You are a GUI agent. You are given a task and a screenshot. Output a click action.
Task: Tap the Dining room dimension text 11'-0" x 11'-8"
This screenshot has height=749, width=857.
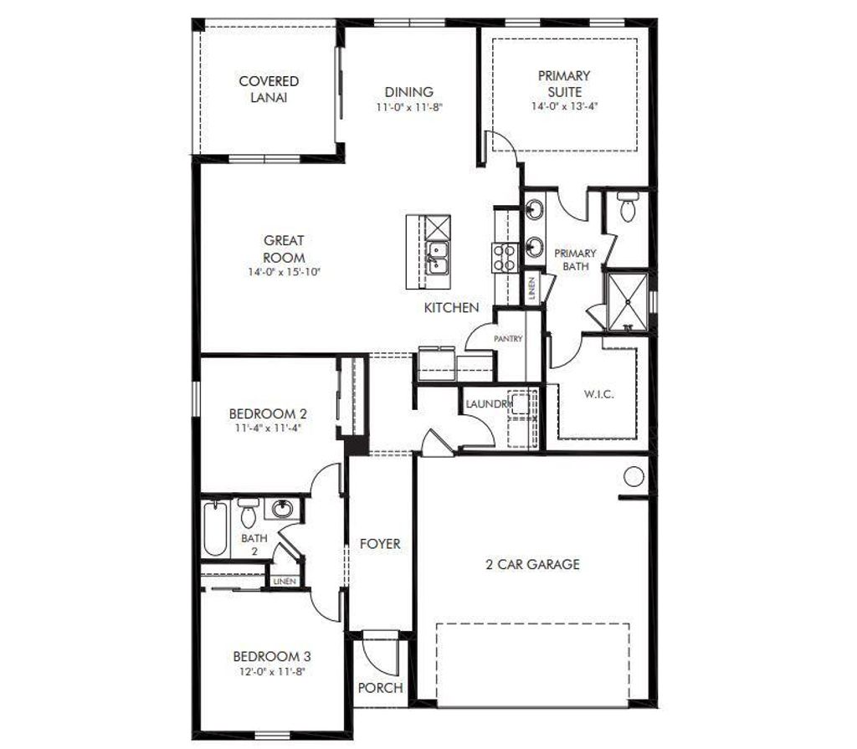point(408,107)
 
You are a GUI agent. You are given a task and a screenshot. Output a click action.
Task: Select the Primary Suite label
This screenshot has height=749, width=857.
point(563,83)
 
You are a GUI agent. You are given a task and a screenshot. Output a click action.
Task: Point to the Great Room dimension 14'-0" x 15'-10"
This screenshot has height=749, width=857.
point(284,272)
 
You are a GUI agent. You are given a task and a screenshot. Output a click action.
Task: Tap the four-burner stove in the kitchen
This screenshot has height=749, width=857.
point(505,256)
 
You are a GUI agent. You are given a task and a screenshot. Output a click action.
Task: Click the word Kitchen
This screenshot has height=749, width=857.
point(451,308)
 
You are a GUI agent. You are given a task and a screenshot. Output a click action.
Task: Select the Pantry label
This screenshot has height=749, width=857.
point(508,339)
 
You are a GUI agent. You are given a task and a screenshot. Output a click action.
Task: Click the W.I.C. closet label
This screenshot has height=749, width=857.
point(598,393)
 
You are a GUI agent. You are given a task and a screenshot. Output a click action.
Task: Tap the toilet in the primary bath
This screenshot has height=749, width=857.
point(628,207)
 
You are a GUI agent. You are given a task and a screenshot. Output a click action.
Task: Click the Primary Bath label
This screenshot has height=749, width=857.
point(576,259)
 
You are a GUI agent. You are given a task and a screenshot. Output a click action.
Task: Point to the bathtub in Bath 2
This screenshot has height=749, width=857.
point(215,528)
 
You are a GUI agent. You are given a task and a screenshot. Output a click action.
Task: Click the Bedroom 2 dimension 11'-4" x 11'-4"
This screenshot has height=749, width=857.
point(268,428)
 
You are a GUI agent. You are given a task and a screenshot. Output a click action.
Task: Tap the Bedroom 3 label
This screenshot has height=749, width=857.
point(267,655)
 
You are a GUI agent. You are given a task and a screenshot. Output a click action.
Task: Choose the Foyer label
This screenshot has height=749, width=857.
point(380,544)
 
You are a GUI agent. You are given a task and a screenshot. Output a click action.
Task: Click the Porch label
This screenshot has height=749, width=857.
point(380,688)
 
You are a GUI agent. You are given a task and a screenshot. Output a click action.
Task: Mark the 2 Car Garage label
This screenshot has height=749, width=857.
point(532,564)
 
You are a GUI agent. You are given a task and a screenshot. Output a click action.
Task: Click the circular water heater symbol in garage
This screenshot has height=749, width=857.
point(634,477)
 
